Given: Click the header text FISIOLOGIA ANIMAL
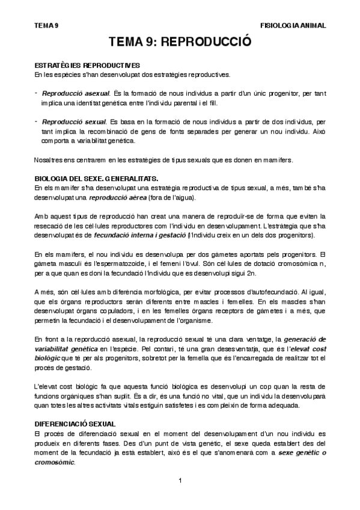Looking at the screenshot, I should point(293,26).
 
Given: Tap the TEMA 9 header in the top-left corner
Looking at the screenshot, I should point(46,26).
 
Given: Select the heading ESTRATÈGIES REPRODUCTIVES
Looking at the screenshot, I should point(88,65).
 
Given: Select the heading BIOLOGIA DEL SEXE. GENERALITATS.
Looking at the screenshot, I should point(97,179).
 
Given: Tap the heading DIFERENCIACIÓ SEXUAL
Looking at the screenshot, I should point(75,424).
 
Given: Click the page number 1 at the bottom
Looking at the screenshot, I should point(180,480).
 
